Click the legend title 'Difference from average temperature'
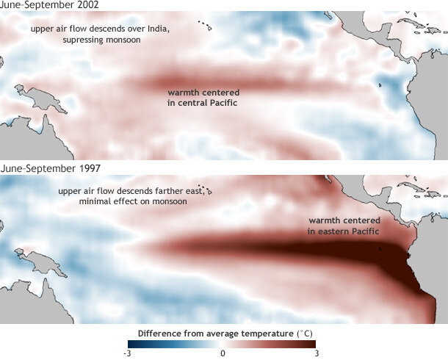coord(213,333)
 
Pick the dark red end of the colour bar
coord(311,343)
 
